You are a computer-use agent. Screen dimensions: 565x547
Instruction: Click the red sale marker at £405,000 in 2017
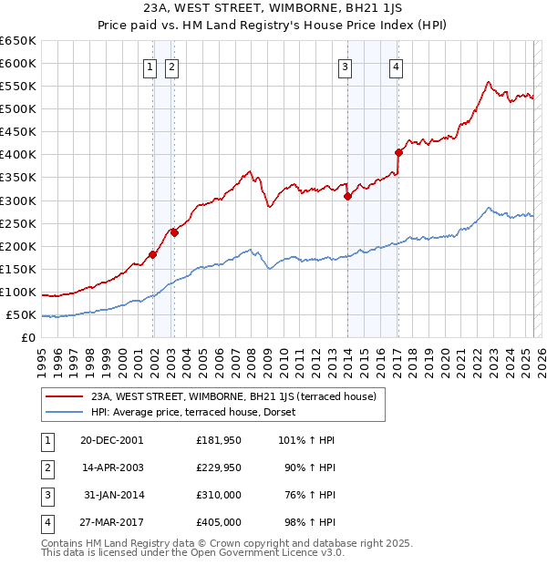tap(398, 152)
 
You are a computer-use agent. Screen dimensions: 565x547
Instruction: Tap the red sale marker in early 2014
tap(347, 196)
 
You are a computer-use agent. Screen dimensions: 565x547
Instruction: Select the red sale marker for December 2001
tap(153, 254)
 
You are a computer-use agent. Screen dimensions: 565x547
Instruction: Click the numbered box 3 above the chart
tap(346, 65)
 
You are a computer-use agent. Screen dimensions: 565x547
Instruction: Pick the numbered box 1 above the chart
tap(149, 65)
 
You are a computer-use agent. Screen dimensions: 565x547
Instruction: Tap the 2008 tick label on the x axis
tap(250, 361)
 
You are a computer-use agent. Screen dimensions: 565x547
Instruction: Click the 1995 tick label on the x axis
tap(41, 361)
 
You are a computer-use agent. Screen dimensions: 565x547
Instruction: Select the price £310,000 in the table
tap(218, 496)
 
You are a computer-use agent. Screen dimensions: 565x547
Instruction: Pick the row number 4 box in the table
tap(46, 522)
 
